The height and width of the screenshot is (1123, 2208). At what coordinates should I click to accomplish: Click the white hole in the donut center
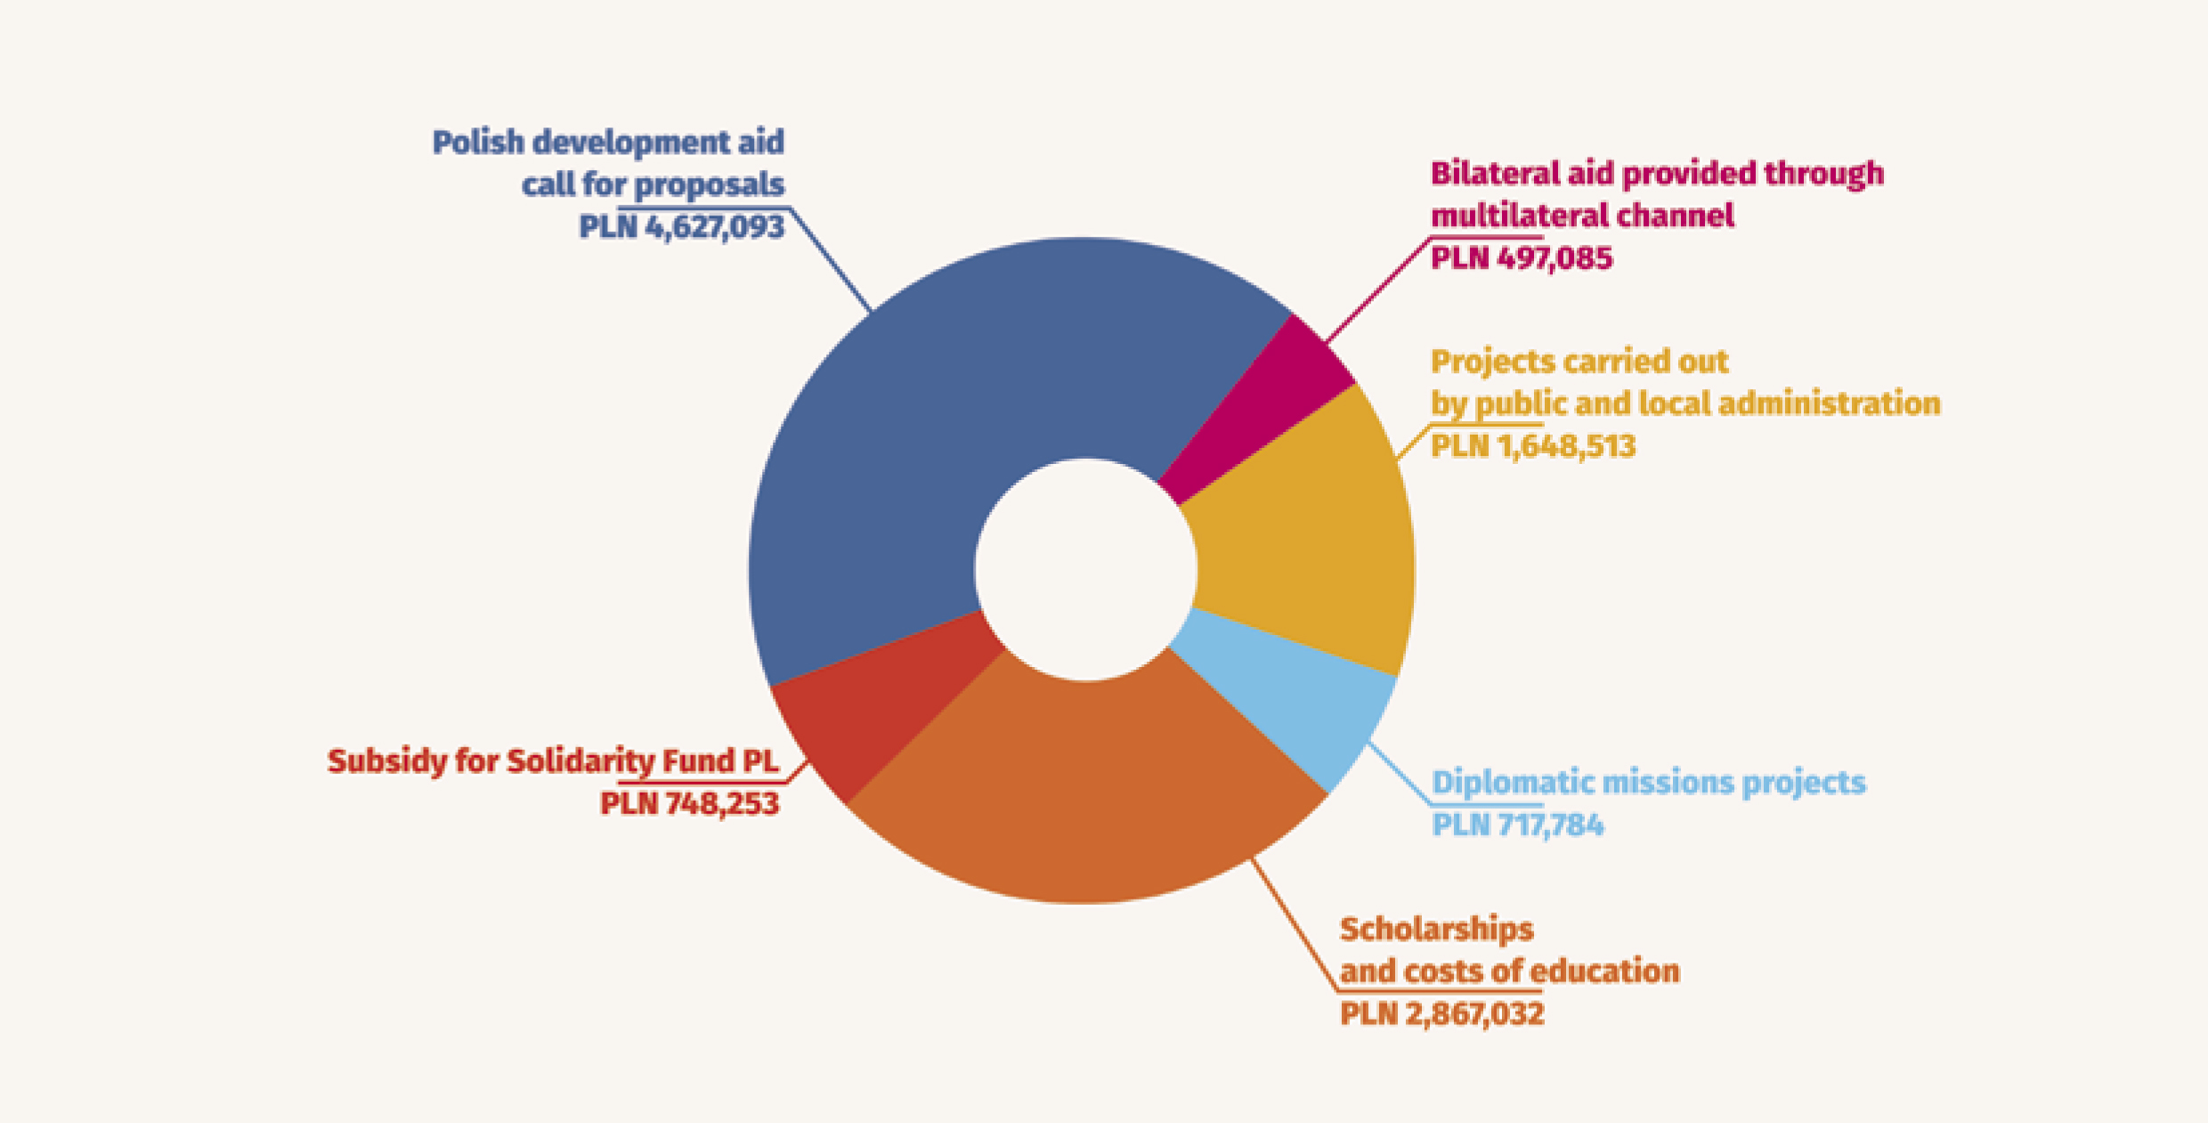click(x=1085, y=570)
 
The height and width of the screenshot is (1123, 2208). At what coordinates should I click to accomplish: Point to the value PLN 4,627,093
click(x=681, y=227)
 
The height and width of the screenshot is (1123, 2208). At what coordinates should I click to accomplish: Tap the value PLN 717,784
click(x=1517, y=825)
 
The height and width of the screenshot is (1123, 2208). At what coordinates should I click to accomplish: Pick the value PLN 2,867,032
click(x=1441, y=1013)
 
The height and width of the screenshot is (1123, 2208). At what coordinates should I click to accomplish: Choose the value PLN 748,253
click(x=689, y=803)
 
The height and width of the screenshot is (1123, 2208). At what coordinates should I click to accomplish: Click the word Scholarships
click(x=1436, y=929)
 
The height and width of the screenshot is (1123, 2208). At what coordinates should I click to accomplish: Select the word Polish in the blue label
click(x=478, y=142)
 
